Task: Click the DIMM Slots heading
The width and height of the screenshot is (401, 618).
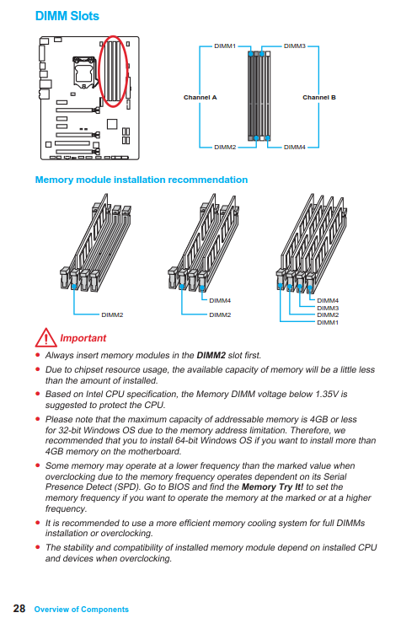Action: tap(67, 16)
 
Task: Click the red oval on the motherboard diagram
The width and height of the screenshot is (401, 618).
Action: tap(99, 71)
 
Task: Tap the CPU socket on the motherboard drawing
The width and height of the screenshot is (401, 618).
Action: tap(84, 73)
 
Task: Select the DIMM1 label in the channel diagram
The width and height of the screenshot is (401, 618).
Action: tap(225, 46)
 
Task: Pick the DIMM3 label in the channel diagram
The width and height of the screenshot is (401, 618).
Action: tap(295, 46)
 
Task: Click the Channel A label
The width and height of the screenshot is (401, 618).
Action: tap(200, 97)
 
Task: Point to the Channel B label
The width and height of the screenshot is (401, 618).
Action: tap(319, 97)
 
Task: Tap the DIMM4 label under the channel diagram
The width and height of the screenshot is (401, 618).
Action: tap(295, 147)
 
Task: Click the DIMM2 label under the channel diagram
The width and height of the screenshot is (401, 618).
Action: tap(225, 147)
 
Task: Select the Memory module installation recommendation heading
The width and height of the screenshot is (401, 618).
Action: tap(142, 180)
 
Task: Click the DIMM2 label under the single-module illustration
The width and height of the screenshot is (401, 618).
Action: tap(112, 315)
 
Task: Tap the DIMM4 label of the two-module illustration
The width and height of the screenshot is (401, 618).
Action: tap(220, 301)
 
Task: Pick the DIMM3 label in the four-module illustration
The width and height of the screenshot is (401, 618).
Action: tap(328, 309)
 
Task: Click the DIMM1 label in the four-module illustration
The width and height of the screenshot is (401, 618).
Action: tap(328, 322)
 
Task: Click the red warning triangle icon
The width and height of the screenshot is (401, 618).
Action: tap(45, 337)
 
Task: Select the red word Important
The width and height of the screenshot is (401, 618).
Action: tap(83, 338)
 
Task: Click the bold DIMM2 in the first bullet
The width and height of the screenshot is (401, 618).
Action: tap(211, 355)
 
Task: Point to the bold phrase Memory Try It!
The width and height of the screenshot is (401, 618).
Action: tap(273, 486)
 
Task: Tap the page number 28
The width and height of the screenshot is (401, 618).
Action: tap(19, 609)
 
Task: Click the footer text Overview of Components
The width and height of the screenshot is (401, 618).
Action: tap(82, 610)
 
